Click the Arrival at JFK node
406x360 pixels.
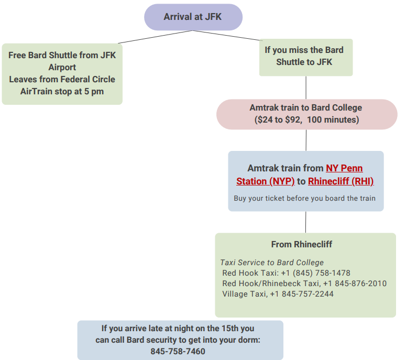click(x=193, y=17)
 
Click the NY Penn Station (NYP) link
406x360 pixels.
click(x=299, y=174)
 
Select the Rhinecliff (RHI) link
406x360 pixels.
click(x=341, y=181)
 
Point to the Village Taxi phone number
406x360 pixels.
click(x=302, y=294)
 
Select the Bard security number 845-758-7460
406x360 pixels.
click(x=178, y=352)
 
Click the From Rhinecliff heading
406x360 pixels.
click(x=301, y=244)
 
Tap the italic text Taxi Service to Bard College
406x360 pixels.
click(x=272, y=263)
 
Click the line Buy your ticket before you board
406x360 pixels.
click(x=304, y=199)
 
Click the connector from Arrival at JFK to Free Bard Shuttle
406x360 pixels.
click(x=155, y=37)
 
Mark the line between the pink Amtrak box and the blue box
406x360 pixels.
click(x=306, y=140)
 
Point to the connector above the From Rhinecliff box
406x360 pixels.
click(x=305, y=222)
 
